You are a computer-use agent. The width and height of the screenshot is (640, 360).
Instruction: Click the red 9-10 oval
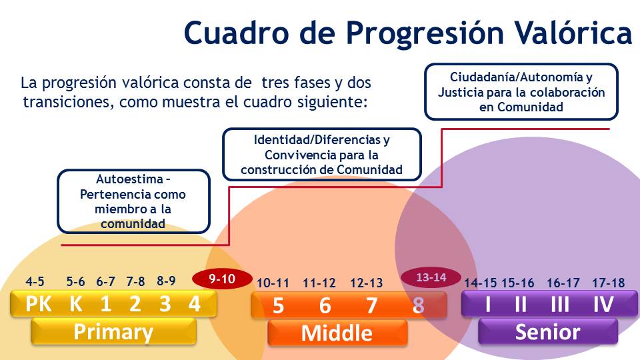click(223, 279)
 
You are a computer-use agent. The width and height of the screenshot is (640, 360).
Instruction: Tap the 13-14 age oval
click(431, 277)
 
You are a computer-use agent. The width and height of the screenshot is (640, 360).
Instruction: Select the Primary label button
click(113, 331)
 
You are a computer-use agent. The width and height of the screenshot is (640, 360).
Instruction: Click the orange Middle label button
click(337, 333)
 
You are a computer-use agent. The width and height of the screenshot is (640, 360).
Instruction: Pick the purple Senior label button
click(548, 331)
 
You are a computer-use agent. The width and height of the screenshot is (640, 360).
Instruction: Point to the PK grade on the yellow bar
click(39, 304)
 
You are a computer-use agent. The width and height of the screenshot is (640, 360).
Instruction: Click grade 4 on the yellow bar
click(194, 304)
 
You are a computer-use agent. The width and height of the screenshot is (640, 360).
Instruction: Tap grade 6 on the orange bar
click(325, 305)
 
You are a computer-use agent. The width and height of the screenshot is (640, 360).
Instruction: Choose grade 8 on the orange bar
click(418, 305)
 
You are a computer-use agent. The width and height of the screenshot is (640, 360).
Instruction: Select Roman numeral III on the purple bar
click(560, 304)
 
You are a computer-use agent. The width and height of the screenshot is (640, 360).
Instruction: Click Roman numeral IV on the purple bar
click(604, 304)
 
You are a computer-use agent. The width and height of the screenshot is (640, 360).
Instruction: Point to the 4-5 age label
click(35, 281)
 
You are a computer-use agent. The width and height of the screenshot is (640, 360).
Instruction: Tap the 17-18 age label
click(609, 283)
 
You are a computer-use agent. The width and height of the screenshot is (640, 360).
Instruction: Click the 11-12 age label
click(319, 283)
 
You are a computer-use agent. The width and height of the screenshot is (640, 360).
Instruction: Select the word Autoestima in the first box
click(129, 179)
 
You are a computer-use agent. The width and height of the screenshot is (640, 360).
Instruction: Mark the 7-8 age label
click(135, 281)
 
